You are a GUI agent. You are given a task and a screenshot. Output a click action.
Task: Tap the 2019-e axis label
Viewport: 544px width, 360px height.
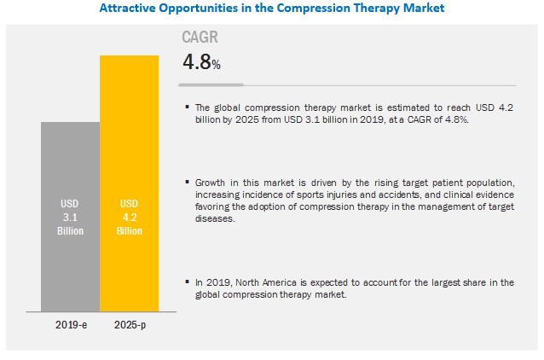(x=71, y=326)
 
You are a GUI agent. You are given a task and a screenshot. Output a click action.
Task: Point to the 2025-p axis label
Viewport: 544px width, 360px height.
(x=129, y=326)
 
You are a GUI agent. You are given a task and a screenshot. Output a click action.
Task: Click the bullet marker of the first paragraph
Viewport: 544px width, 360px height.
(x=186, y=107)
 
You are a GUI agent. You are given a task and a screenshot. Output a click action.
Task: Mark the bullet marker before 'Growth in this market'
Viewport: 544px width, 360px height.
(x=186, y=183)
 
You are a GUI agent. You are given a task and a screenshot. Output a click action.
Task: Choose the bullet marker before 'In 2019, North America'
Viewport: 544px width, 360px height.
(x=186, y=282)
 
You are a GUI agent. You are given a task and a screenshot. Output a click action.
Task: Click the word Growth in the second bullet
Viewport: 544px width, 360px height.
(x=211, y=183)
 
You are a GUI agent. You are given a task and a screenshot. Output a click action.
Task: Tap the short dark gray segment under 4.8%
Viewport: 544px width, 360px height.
(x=211, y=84)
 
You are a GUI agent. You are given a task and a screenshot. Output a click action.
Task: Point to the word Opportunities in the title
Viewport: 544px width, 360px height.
(x=198, y=9)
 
